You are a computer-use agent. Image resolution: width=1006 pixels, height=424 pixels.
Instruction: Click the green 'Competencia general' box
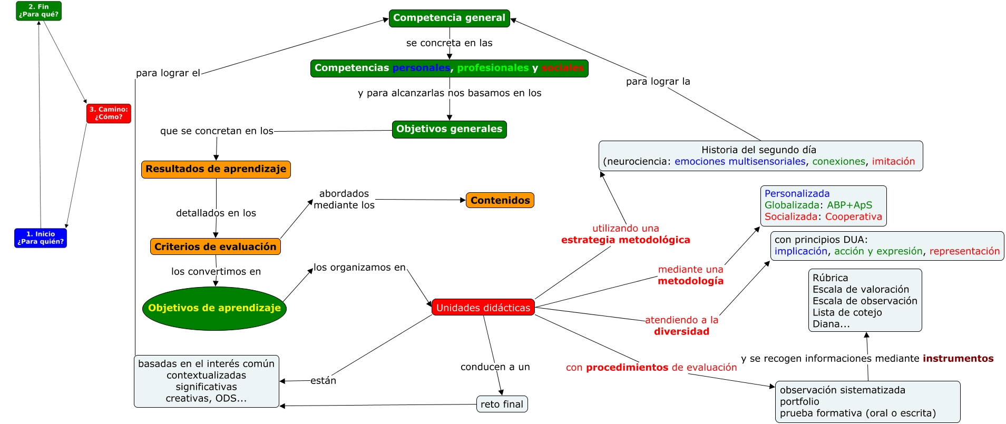[449, 18]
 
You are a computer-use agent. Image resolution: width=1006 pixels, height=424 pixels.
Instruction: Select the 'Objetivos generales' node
[449, 129]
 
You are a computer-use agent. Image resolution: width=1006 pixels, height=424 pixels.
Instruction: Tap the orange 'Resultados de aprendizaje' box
[216, 169]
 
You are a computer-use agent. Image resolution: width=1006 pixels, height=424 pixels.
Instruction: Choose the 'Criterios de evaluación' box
[215, 246]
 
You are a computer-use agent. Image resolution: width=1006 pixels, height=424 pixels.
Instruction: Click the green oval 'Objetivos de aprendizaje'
[214, 308]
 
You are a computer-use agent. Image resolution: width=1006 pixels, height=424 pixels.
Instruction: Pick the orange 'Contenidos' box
[500, 200]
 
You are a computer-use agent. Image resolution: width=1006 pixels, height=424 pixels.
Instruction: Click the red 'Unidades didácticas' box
[483, 308]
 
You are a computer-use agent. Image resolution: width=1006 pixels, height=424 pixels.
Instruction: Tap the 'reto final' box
[502, 404]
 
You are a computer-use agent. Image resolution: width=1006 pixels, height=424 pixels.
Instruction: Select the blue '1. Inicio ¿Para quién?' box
[41, 238]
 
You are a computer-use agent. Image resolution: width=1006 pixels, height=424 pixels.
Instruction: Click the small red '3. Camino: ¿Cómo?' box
[109, 113]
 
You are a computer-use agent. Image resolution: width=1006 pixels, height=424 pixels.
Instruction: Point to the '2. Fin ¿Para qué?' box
[38, 11]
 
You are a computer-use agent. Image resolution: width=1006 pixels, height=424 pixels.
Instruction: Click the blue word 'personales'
[421, 68]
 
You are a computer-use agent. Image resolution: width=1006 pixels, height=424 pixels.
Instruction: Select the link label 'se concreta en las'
[449, 43]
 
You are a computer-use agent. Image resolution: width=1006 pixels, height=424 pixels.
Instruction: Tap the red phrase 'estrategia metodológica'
[626, 240]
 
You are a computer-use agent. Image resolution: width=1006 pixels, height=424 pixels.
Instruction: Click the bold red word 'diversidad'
[681, 331]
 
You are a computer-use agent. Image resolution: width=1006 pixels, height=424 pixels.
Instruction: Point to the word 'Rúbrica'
[830, 278]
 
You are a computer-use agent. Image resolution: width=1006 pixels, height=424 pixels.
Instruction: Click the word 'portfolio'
[799, 401]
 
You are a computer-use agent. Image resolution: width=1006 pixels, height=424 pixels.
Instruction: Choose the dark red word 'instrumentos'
[958, 359]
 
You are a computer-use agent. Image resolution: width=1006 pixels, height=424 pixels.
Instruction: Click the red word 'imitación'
[893, 162]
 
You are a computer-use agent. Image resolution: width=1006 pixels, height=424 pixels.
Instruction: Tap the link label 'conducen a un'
[495, 367]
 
